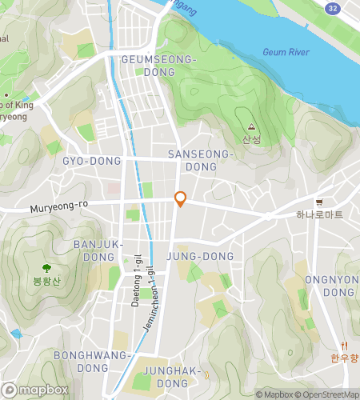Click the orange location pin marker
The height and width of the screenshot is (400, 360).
[x=181, y=199]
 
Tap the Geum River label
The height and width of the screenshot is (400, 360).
[x=286, y=52]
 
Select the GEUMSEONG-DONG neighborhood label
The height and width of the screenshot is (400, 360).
[x=158, y=66]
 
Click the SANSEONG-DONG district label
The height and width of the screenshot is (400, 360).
[x=200, y=159]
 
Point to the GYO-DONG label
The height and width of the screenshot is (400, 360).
[x=92, y=161]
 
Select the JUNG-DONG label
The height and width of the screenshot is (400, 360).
[x=200, y=256]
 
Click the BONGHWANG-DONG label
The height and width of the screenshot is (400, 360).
[x=92, y=361]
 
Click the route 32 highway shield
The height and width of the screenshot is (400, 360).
[x=332, y=6]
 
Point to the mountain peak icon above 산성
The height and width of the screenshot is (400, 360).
[x=251, y=126]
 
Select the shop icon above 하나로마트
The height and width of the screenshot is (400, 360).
[x=319, y=202]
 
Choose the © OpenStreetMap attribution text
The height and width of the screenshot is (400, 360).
[x=327, y=394]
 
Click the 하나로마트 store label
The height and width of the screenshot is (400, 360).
[x=319, y=214]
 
